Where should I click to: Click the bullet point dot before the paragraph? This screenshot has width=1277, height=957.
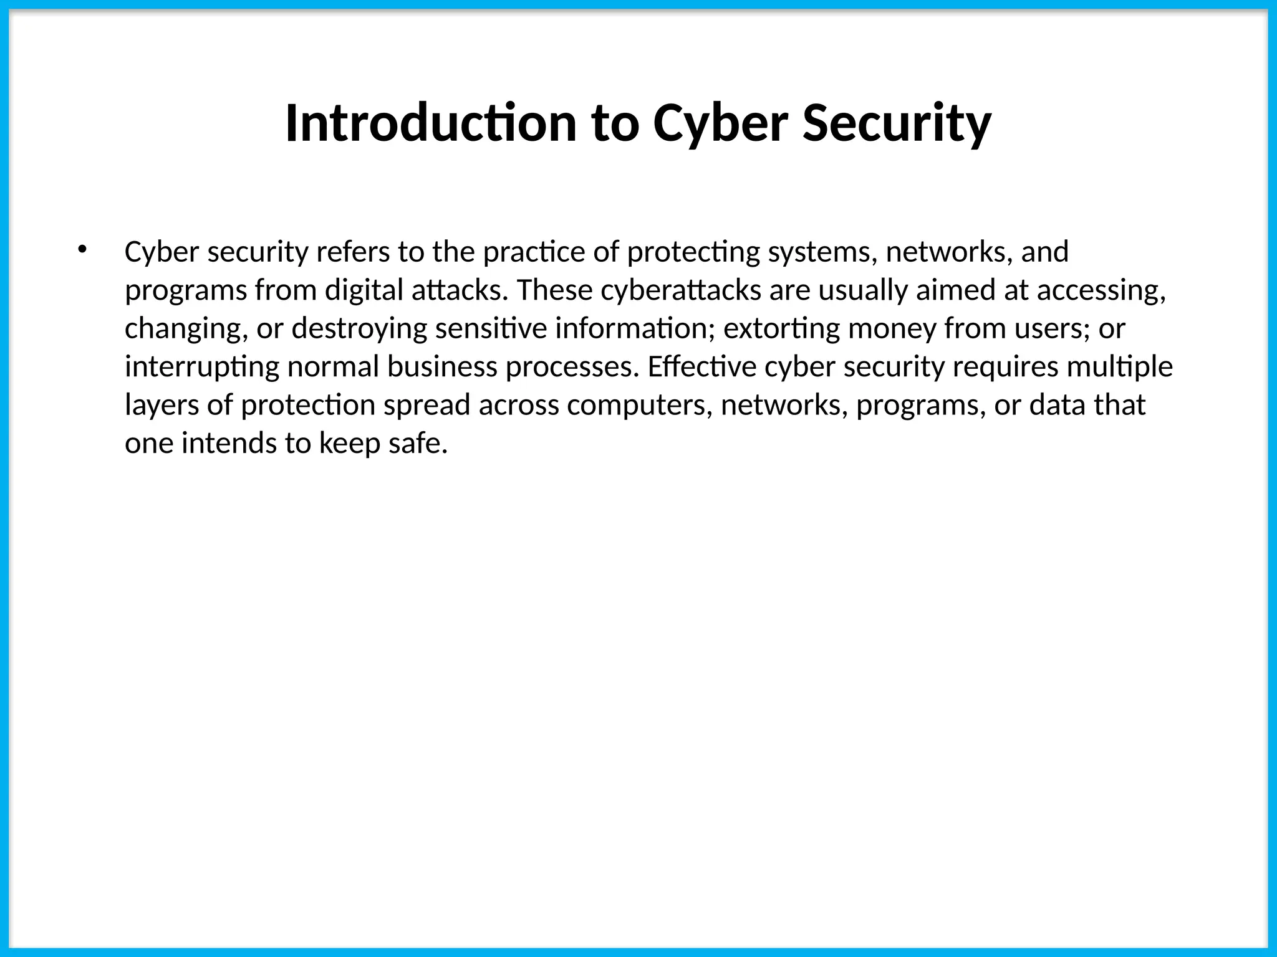(x=82, y=250)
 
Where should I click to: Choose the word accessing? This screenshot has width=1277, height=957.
(x=1101, y=290)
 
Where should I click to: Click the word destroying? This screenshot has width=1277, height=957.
(x=359, y=329)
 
